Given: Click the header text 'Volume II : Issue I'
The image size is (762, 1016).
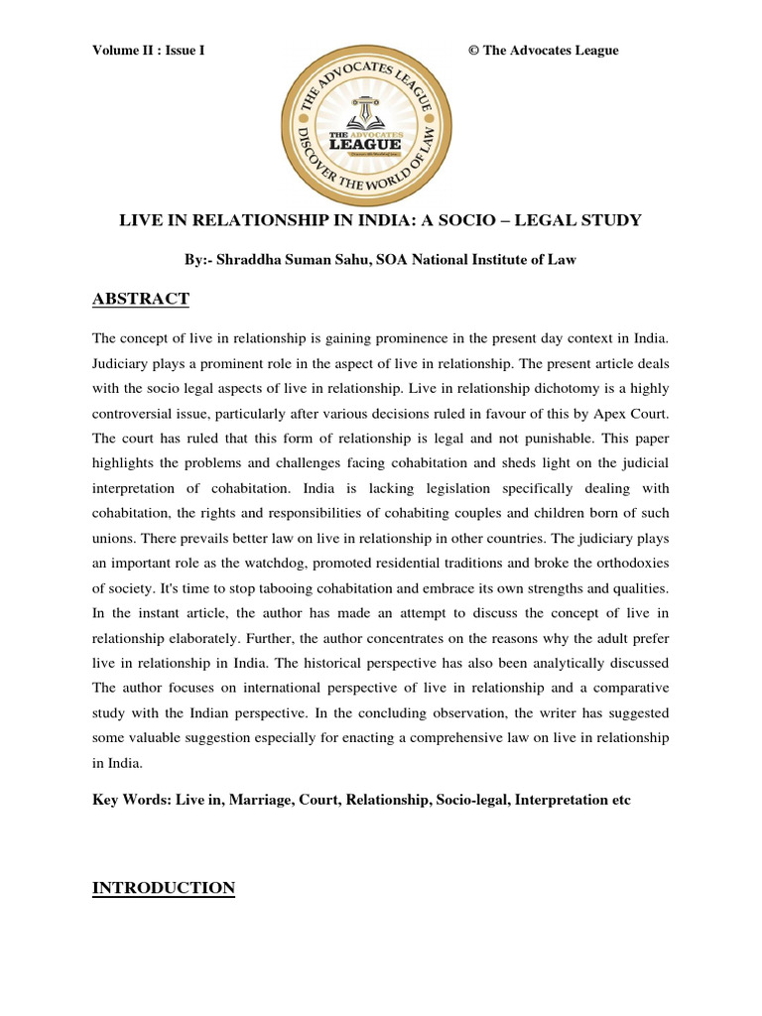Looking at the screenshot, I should pos(148,51).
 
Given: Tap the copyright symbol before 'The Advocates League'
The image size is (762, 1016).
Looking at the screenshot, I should pos(473,51).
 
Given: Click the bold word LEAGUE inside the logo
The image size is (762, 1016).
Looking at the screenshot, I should pos(365,145).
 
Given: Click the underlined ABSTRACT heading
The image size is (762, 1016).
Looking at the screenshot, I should pos(141,300).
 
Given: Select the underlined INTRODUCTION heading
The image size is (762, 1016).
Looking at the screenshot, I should pos(164,888).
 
